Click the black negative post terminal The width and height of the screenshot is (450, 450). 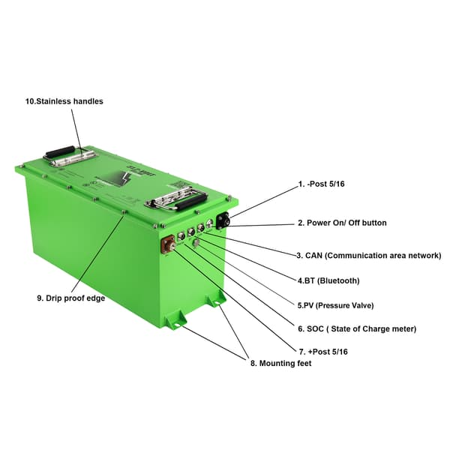pyautogui.click(x=223, y=220)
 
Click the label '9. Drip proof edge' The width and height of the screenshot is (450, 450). pyautogui.click(x=70, y=298)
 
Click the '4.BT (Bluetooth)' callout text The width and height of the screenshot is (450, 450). pyautogui.click(x=328, y=280)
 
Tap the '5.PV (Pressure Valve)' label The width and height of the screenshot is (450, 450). pyautogui.click(x=335, y=305)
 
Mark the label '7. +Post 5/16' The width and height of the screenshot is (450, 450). pyautogui.click(x=322, y=351)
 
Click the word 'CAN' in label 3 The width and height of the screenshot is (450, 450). pyautogui.click(x=314, y=256)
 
